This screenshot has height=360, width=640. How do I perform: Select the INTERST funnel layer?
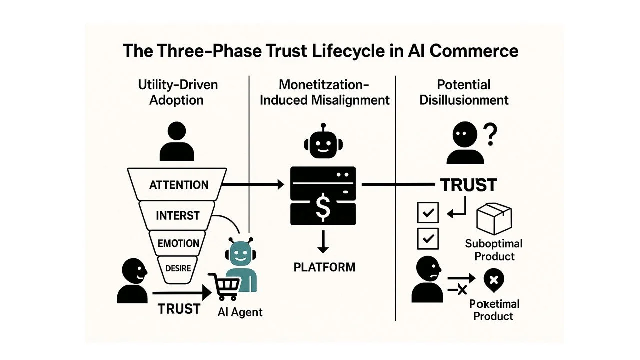177,216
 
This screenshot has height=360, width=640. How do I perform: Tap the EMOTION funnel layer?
178,244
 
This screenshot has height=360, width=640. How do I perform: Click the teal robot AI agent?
240,265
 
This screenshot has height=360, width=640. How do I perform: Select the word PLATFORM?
324,267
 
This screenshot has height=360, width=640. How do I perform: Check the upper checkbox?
427,213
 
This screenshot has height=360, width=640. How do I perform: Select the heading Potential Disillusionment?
464,92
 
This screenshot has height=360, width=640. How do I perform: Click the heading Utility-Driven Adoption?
178,92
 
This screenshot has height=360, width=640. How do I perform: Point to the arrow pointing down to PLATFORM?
323,242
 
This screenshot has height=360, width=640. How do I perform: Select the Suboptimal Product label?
493,250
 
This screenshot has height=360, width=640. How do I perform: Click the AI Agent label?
240,312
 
